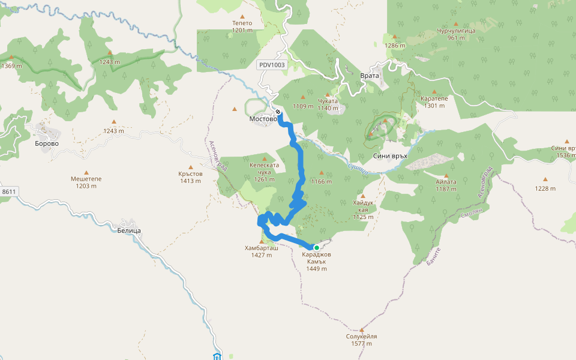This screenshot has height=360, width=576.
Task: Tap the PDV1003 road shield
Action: [x=272, y=65]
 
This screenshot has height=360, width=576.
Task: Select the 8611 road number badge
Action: [x=9, y=191]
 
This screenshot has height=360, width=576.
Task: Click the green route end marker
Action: [x=317, y=247]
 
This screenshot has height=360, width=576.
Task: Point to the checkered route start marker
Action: [x=278, y=112]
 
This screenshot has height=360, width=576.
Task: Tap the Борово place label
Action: [x=47, y=143]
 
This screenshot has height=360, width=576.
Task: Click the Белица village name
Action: [x=129, y=230]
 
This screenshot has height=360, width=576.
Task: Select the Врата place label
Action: [x=370, y=76]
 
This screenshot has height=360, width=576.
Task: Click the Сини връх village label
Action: [x=390, y=155]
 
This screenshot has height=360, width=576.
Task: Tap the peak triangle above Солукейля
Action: [x=362, y=329]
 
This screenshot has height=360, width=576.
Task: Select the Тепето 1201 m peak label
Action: [x=242, y=26]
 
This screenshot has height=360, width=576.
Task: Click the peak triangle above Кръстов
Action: [x=191, y=167]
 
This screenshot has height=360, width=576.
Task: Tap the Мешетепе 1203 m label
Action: [x=86, y=182]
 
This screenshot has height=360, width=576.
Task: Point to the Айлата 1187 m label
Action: [x=446, y=185]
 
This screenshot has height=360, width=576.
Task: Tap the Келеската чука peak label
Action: [x=264, y=172]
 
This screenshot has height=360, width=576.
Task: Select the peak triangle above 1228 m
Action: [x=545, y=179]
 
